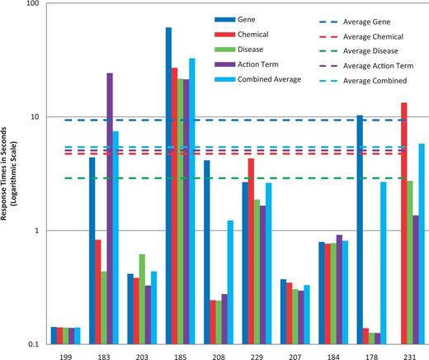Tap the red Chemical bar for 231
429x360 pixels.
tap(403, 223)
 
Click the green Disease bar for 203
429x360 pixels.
tap(140, 298)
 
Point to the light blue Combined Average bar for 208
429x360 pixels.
tap(231, 282)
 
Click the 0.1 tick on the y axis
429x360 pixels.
tap(34, 343)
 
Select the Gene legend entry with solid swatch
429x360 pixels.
tap(235, 18)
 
